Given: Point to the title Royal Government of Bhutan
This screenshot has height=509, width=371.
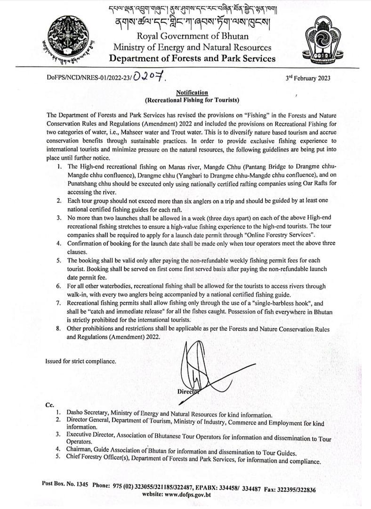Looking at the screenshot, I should point(192,36).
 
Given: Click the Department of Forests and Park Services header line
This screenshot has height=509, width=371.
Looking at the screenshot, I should point(192,58).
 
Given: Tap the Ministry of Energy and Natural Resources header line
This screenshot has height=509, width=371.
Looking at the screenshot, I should point(192,47).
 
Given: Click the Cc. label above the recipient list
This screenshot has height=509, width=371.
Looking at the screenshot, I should point(49,405).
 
